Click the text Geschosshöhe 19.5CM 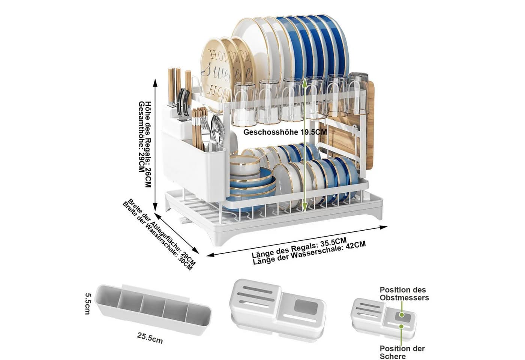[x=285, y=132]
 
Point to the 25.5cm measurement [x=150, y=338]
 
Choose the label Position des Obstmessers [x=404, y=294]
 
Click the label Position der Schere [x=402, y=352]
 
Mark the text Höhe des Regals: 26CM [x=148, y=144]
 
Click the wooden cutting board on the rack [x=347, y=131]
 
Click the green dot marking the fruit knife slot [x=402, y=315]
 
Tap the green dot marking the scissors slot [x=401, y=326]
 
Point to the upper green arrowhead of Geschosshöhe [x=304, y=81]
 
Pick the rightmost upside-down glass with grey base [x=358, y=94]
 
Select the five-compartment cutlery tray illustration [x=153, y=309]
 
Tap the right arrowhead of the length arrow [x=383, y=227]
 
